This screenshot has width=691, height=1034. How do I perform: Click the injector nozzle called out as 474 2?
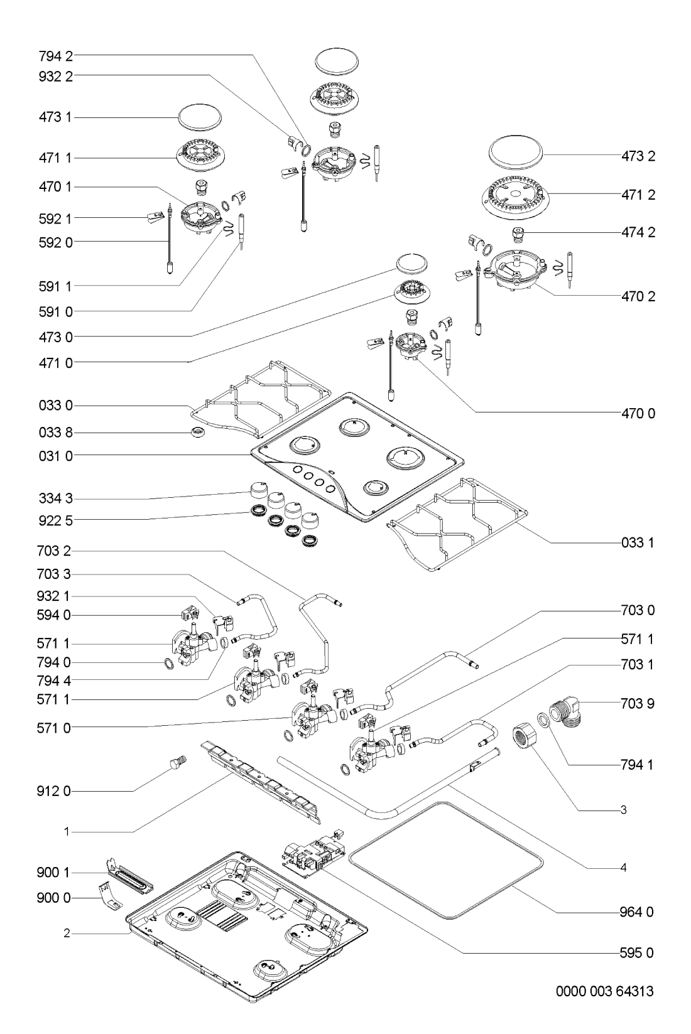[x=518, y=234]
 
